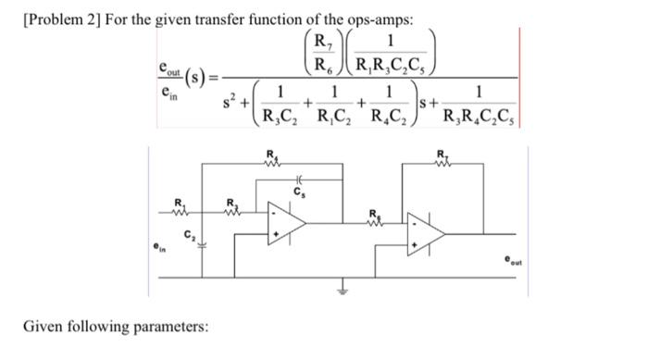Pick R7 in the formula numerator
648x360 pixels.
[322, 41]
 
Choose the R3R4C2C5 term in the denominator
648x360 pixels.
[480, 117]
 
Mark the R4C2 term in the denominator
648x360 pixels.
[393, 117]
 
